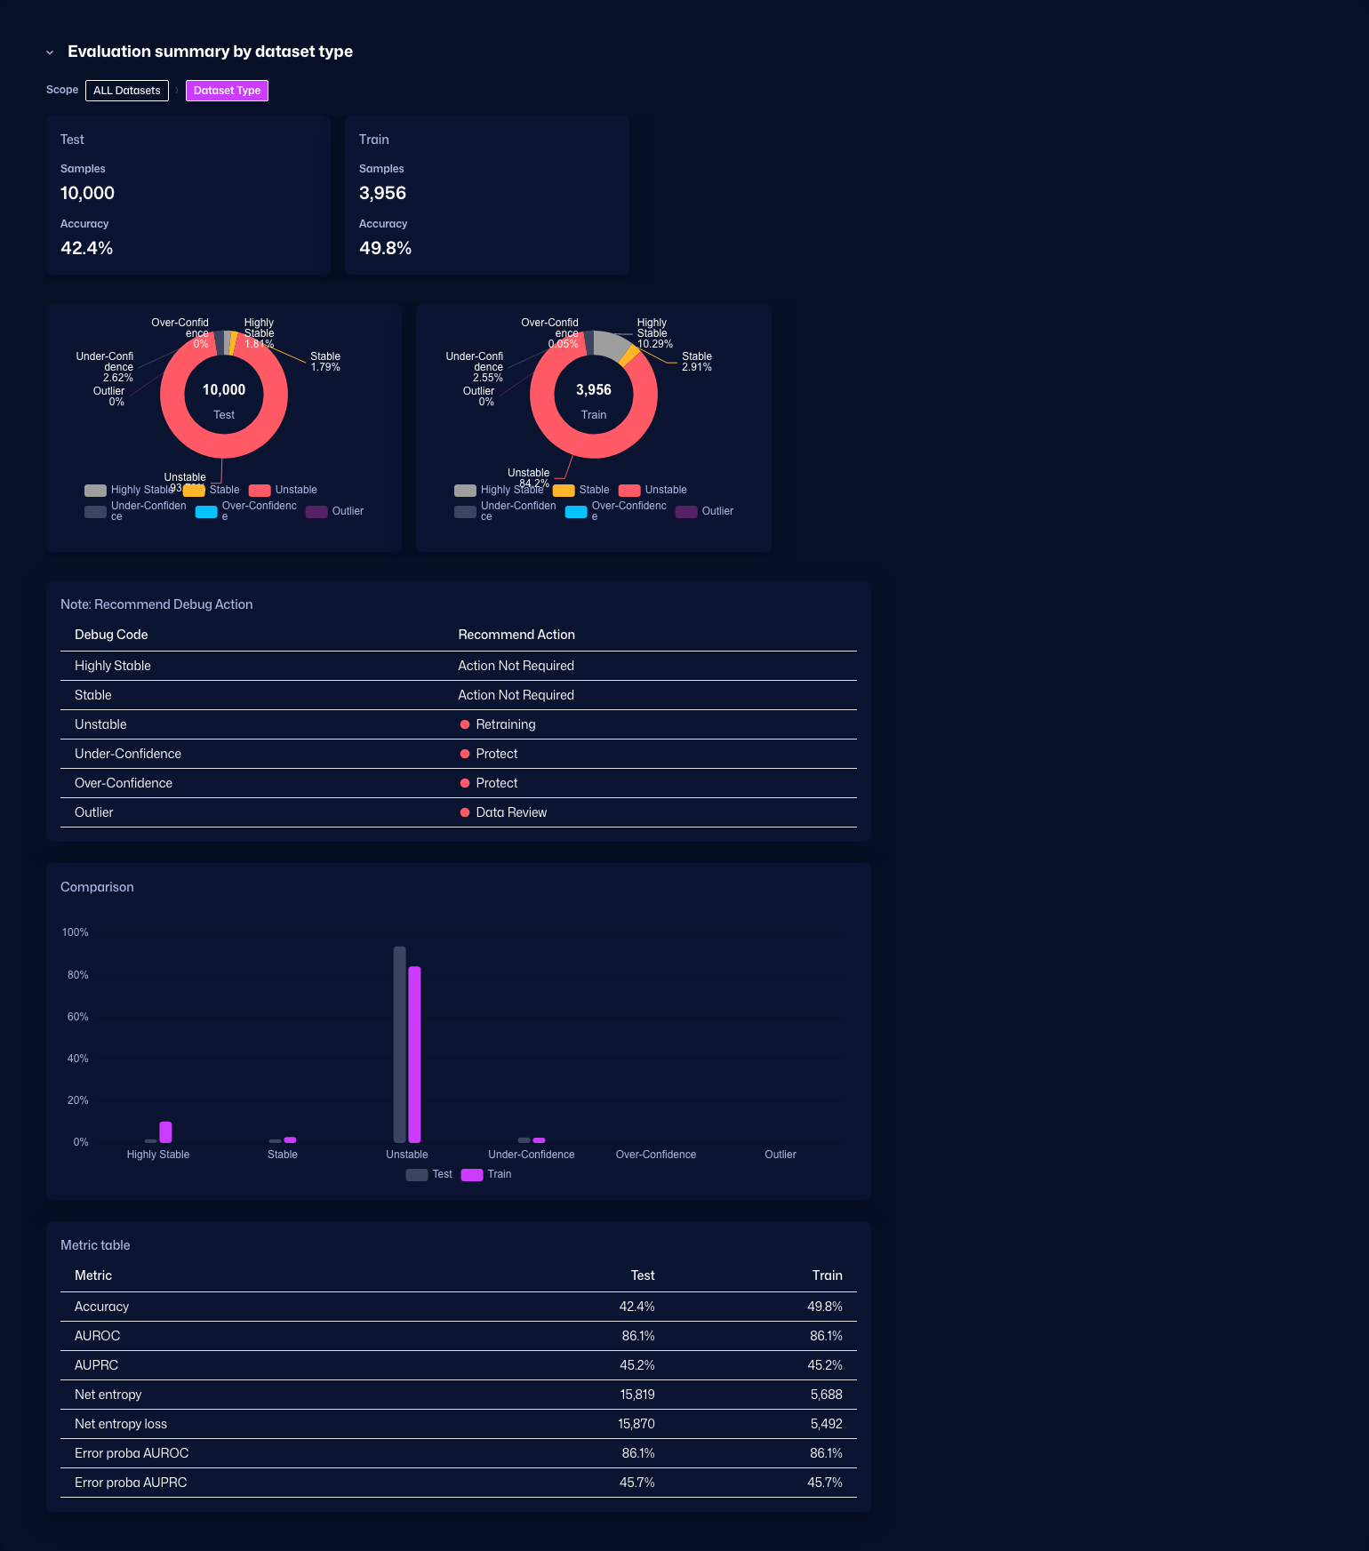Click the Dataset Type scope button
(x=227, y=91)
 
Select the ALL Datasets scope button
(x=127, y=91)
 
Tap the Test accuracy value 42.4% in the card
(x=86, y=248)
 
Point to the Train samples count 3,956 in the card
(x=382, y=193)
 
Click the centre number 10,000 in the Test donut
(x=224, y=390)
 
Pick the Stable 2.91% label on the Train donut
(x=697, y=362)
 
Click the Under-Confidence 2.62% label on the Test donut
(x=107, y=367)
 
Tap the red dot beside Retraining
(x=465, y=724)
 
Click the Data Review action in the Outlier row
(x=511, y=812)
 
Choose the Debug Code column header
(x=111, y=635)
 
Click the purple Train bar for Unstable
(x=414, y=1053)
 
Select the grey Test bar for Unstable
(x=400, y=1044)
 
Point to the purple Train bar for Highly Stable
(x=165, y=1131)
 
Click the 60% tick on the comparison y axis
(x=78, y=1017)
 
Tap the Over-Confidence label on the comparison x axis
(x=656, y=1155)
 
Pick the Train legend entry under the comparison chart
(x=487, y=1174)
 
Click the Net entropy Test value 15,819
(x=636, y=1395)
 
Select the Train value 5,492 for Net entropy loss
(x=826, y=1424)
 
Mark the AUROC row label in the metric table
(x=97, y=1336)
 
